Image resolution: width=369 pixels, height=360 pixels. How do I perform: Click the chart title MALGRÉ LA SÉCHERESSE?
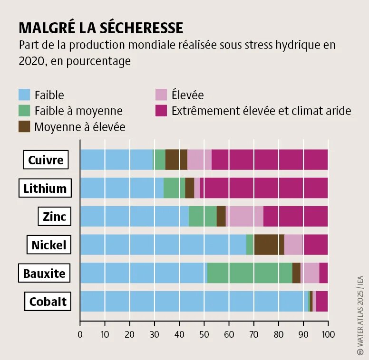(101, 28)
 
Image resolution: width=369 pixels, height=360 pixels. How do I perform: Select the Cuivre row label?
(46, 160)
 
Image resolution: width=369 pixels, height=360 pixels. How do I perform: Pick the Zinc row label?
(54, 217)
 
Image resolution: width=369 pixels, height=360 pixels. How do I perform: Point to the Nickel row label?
(49, 245)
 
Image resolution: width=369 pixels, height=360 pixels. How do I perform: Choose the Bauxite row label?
(44, 274)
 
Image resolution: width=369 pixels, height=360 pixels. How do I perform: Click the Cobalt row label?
(48, 302)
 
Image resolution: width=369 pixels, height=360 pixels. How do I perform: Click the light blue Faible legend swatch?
(24, 95)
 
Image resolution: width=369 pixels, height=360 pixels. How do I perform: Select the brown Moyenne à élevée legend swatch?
(24, 126)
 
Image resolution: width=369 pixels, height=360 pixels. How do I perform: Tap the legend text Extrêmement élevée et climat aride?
(261, 111)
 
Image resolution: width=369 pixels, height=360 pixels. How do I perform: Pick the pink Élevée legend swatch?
(161, 95)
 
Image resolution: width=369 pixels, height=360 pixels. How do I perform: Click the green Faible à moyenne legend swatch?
(24, 111)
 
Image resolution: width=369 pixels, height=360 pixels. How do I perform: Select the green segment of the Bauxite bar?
(250, 273)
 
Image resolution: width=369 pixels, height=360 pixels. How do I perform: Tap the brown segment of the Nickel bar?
(269, 245)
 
